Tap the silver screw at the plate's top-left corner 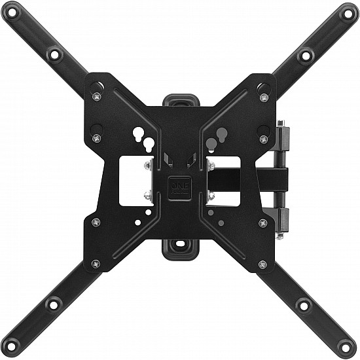97,97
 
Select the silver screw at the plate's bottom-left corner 97,264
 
